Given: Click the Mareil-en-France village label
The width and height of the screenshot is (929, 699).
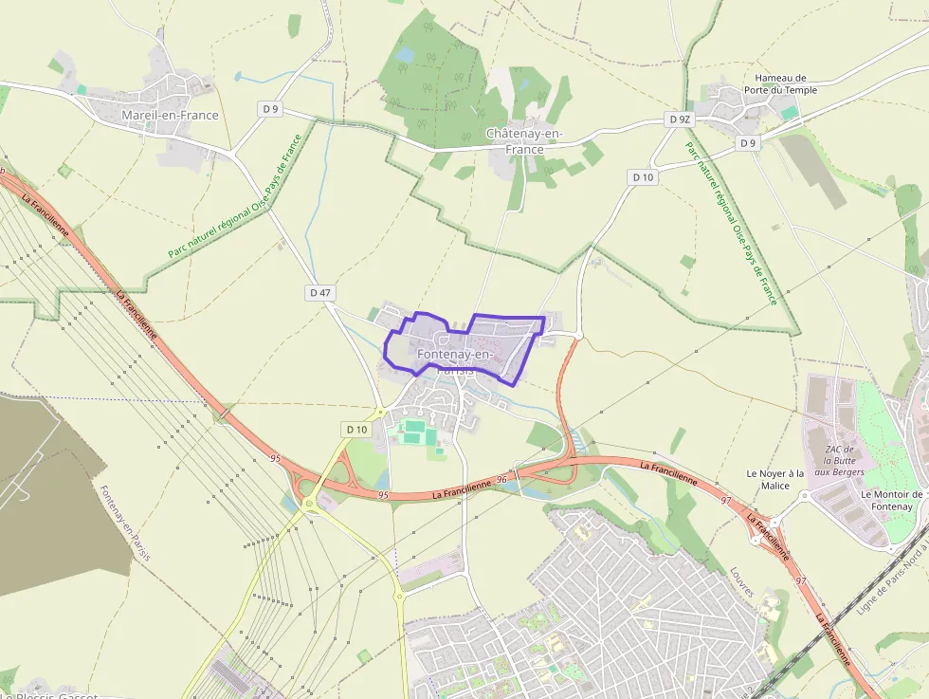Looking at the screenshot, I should tap(170, 116).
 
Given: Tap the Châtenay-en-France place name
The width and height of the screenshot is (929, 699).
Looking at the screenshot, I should tap(524, 141).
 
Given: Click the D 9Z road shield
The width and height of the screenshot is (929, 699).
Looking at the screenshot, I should tap(680, 120).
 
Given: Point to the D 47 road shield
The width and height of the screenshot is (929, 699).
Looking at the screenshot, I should tap(320, 293).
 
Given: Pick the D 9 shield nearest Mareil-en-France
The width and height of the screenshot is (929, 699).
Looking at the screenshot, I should tap(271, 109).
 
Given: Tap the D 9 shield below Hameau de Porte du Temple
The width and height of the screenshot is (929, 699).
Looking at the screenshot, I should tap(749, 143).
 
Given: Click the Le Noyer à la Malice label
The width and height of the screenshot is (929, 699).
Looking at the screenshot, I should tap(775, 479).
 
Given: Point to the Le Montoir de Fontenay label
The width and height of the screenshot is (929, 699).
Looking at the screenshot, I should tap(891, 500).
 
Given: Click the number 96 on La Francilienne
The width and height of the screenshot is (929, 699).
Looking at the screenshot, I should tap(501, 481).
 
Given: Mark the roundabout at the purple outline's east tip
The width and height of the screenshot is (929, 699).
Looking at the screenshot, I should tap(578, 335).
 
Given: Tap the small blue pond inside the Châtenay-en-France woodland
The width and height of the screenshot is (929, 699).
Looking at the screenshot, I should tap(406, 56).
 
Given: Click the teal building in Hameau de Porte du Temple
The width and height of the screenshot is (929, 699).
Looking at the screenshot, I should tap(789, 112).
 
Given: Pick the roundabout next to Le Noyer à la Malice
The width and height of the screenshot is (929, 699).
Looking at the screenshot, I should tap(804, 494).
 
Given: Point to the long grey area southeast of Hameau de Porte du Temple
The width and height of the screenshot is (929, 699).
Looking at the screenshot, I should tap(814, 171).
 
